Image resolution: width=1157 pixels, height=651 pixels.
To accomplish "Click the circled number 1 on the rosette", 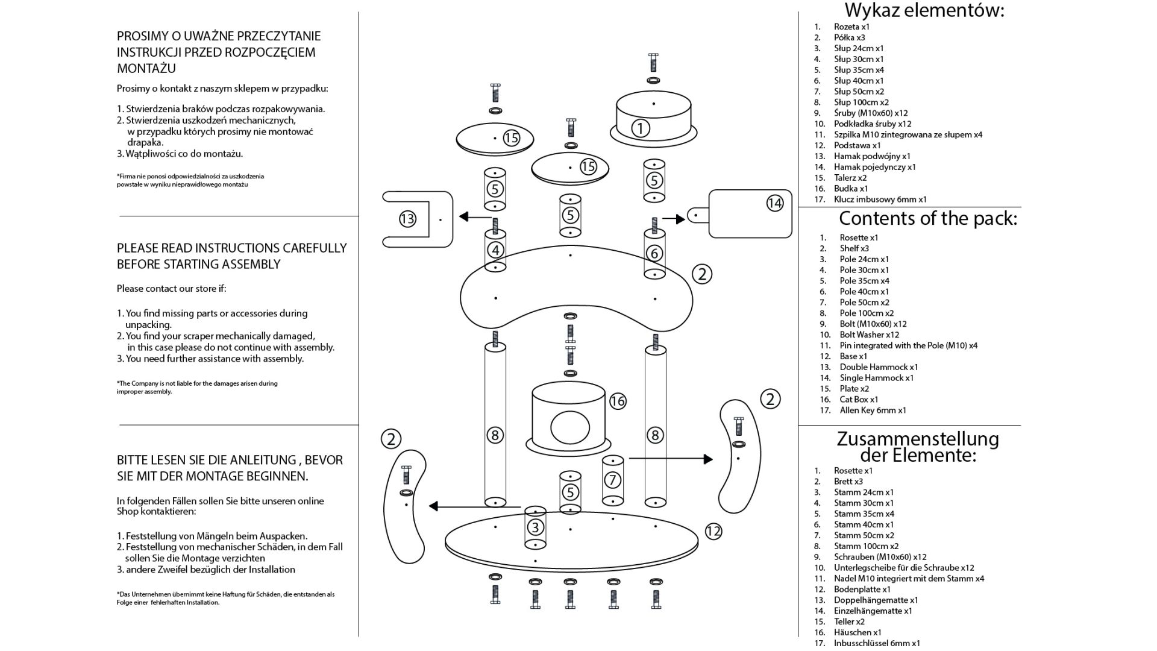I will (x=640, y=128).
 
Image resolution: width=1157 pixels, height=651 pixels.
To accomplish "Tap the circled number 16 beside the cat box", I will (x=618, y=401).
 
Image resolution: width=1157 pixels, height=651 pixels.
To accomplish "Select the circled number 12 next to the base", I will (x=713, y=531).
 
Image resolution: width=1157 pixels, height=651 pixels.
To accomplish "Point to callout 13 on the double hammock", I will (x=407, y=219).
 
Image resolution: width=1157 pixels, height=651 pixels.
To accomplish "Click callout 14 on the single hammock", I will (x=774, y=203).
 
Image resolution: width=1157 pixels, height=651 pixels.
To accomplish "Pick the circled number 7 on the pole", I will (x=613, y=480).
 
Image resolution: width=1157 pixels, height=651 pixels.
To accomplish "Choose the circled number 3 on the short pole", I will (x=535, y=527).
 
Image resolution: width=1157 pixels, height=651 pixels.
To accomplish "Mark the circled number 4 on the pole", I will (x=495, y=250).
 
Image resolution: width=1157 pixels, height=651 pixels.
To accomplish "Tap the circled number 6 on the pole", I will (x=654, y=253).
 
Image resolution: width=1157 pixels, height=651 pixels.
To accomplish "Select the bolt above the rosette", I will (x=653, y=62).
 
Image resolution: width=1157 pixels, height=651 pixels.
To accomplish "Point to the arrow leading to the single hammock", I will (x=674, y=219).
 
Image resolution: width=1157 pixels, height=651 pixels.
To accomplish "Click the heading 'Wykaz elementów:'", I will (x=924, y=10).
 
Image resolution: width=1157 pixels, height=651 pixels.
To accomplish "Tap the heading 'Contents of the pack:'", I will (x=927, y=218).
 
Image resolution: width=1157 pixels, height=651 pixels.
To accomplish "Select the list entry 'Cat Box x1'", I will (x=859, y=400).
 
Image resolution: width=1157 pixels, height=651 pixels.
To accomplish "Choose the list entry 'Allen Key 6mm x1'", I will (x=873, y=410).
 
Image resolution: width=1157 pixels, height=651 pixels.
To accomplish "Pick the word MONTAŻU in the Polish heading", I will (x=146, y=68).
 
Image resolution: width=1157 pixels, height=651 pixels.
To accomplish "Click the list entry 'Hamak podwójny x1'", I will (x=872, y=156).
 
